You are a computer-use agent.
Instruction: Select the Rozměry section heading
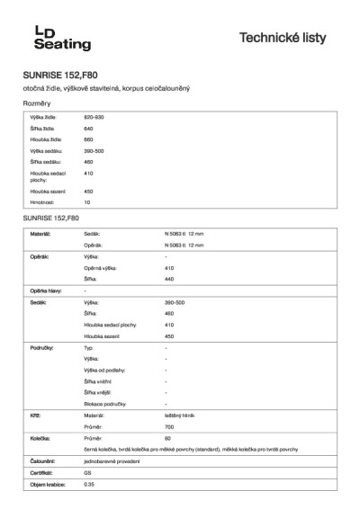[37, 104]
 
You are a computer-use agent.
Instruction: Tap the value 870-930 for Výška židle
[94, 118]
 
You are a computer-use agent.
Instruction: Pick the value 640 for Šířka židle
[88, 129]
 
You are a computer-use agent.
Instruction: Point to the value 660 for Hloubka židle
[88, 139]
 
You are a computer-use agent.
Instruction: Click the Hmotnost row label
[43, 202]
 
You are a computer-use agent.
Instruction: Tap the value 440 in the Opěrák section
[169, 279]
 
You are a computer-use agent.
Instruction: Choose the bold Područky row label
[42, 346]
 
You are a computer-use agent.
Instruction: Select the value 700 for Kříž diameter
[169, 426]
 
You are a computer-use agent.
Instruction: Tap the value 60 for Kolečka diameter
[167, 438]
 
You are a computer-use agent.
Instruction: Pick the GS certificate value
[87, 472]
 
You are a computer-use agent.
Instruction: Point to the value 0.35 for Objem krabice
[88, 484]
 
